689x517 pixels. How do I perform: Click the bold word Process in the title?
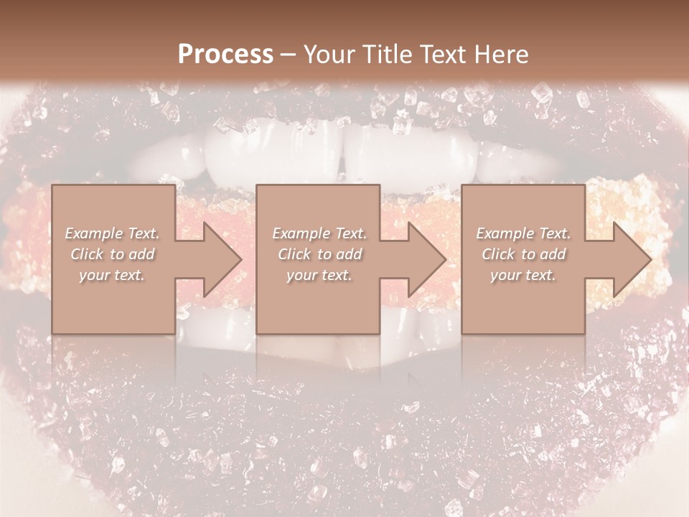(225, 55)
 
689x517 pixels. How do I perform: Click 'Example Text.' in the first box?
(112, 233)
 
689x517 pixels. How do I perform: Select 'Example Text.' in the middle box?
(319, 233)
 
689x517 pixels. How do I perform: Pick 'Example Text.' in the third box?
(523, 233)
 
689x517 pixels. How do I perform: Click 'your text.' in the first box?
(112, 275)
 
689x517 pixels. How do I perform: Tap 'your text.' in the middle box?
(319, 275)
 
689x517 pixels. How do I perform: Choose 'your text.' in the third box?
(523, 275)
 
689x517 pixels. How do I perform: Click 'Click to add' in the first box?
(112, 254)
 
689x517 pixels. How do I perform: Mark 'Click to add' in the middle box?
(319, 254)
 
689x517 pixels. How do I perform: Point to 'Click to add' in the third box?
(523, 254)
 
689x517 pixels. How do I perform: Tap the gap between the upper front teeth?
(344, 154)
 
